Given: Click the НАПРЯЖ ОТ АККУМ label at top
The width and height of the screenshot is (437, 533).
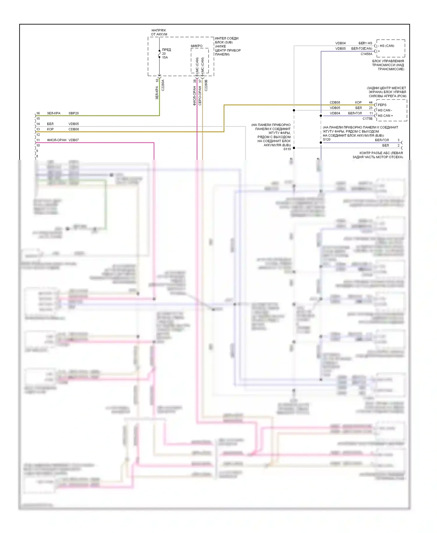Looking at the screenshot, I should (x=159, y=32).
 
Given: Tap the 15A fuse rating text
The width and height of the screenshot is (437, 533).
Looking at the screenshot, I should (x=165, y=57).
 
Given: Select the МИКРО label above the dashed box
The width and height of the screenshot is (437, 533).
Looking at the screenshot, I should (x=197, y=46).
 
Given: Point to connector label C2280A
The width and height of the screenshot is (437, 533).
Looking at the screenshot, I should (x=163, y=85).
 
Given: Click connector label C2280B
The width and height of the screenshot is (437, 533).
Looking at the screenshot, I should (x=206, y=85).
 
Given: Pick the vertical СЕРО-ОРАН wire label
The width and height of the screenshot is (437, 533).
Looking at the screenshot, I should (x=200, y=96).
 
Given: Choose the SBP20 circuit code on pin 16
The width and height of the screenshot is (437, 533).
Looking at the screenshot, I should (x=73, y=113).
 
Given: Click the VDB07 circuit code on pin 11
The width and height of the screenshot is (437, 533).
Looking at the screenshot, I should (x=73, y=140).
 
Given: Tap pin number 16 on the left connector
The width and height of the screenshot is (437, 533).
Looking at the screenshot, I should (x=38, y=113).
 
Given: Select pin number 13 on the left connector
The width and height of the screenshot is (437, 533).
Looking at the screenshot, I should (x=38, y=129).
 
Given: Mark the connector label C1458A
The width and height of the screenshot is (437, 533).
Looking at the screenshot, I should (x=366, y=54).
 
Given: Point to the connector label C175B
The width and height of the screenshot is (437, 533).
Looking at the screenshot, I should (x=367, y=119).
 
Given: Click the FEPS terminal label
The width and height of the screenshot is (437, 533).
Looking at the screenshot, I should (x=382, y=105).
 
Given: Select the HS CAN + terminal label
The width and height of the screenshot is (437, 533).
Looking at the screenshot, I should (x=385, y=116).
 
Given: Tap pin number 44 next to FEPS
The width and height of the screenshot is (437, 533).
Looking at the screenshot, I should (x=371, y=102).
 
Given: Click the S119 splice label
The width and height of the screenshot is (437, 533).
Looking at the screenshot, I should (x=287, y=149).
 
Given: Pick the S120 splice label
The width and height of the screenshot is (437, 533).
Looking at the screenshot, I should (x=327, y=139).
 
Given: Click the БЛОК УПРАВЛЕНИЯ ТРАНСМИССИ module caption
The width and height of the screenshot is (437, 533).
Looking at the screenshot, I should (x=388, y=65).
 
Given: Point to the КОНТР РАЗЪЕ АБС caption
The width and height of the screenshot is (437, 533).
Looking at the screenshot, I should (x=378, y=155).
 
